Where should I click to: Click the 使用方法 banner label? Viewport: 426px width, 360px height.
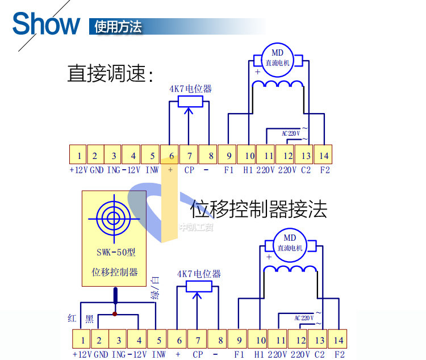tap(119, 27)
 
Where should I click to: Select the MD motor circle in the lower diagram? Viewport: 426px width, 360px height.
tap(290, 242)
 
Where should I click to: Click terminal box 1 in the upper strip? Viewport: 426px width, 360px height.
tap(78, 155)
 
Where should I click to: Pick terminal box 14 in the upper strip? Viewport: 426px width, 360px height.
tap(324, 155)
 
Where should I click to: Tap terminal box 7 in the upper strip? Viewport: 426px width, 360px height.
tap(189, 155)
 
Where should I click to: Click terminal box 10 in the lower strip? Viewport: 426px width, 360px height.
tap(260, 340)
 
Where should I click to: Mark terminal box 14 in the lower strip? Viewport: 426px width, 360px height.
tap(339, 340)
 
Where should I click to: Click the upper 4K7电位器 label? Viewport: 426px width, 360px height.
tap(190, 89)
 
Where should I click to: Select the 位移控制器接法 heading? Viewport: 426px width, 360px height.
tap(258, 210)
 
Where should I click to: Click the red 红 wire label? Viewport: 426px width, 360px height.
tap(72, 319)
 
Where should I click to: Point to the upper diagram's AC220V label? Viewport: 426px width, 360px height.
tap(290, 133)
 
